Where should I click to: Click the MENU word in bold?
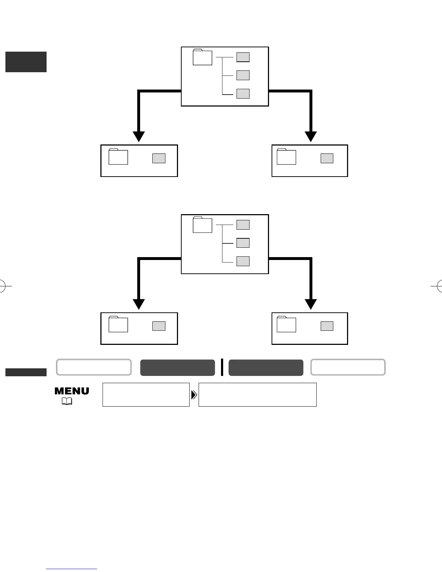(x=72, y=391)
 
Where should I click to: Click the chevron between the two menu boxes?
(x=194, y=395)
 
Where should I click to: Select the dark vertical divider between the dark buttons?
(x=222, y=367)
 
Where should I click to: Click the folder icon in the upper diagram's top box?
(x=202, y=57)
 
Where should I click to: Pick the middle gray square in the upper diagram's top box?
(x=243, y=75)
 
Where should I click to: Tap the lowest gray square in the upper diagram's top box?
(x=243, y=94)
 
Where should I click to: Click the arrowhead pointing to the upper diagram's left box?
(x=139, y=136)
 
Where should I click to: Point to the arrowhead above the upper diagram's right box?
(x=311, y=136)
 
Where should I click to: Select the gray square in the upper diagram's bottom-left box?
(x=159, y=158)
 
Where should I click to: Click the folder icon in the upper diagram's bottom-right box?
(x=286, y=157)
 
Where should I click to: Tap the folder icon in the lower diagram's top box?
(x=202, y=225)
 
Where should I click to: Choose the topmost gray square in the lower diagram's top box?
(x=243, y=225)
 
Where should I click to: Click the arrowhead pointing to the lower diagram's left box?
(x=139, y=304)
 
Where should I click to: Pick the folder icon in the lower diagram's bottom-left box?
(x=118, y=324)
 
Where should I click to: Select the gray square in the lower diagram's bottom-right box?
(x=327, y=326)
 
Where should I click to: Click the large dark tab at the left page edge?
(x=26, y=62)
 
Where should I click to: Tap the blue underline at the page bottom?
(x=71, y=569)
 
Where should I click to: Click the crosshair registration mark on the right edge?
(x=439, y=286)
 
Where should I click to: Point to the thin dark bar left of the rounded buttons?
(x=26, y=372)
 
